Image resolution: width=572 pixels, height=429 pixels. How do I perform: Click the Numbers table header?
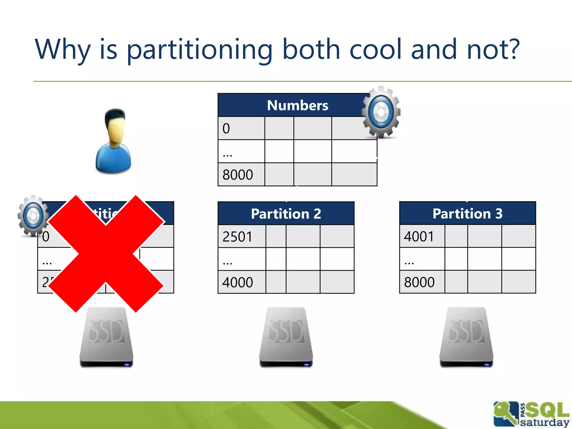[297, 105]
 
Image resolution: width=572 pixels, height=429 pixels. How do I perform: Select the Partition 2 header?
[286, 214]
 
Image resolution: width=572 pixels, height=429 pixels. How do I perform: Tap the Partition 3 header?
[467, 214]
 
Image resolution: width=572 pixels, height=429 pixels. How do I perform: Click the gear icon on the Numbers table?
[381, 112]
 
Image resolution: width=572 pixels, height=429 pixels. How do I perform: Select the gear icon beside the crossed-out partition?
[33, 216]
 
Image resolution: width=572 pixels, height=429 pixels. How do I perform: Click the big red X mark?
[106, 254]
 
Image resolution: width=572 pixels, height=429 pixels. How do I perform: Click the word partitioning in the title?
[199, 50]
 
